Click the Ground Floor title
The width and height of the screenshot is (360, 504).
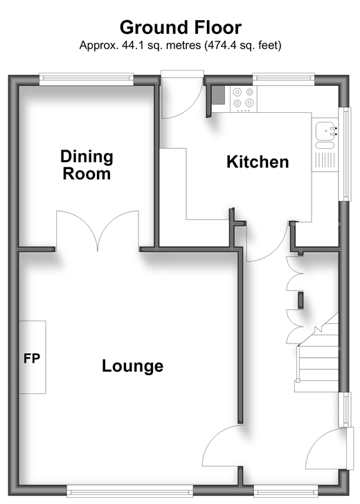pos(180,28)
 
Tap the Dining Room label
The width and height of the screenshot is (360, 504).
pos(87,165)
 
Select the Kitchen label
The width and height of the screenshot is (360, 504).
pos(258,162)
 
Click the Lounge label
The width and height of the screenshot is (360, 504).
pos(132,366)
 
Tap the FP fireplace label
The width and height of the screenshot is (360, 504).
pos(32,358)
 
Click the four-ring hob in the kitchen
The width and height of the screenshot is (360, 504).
pos(243,99)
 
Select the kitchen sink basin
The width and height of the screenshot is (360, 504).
pos(326,131)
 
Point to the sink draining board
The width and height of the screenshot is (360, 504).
pos(325,160)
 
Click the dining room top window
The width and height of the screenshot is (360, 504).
pos(87,80)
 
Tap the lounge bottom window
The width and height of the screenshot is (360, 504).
pos(130,491)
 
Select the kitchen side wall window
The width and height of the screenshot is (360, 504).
pos(345,154)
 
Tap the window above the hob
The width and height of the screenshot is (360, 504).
pos(284,80)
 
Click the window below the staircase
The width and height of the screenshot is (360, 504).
pos(345,410)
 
